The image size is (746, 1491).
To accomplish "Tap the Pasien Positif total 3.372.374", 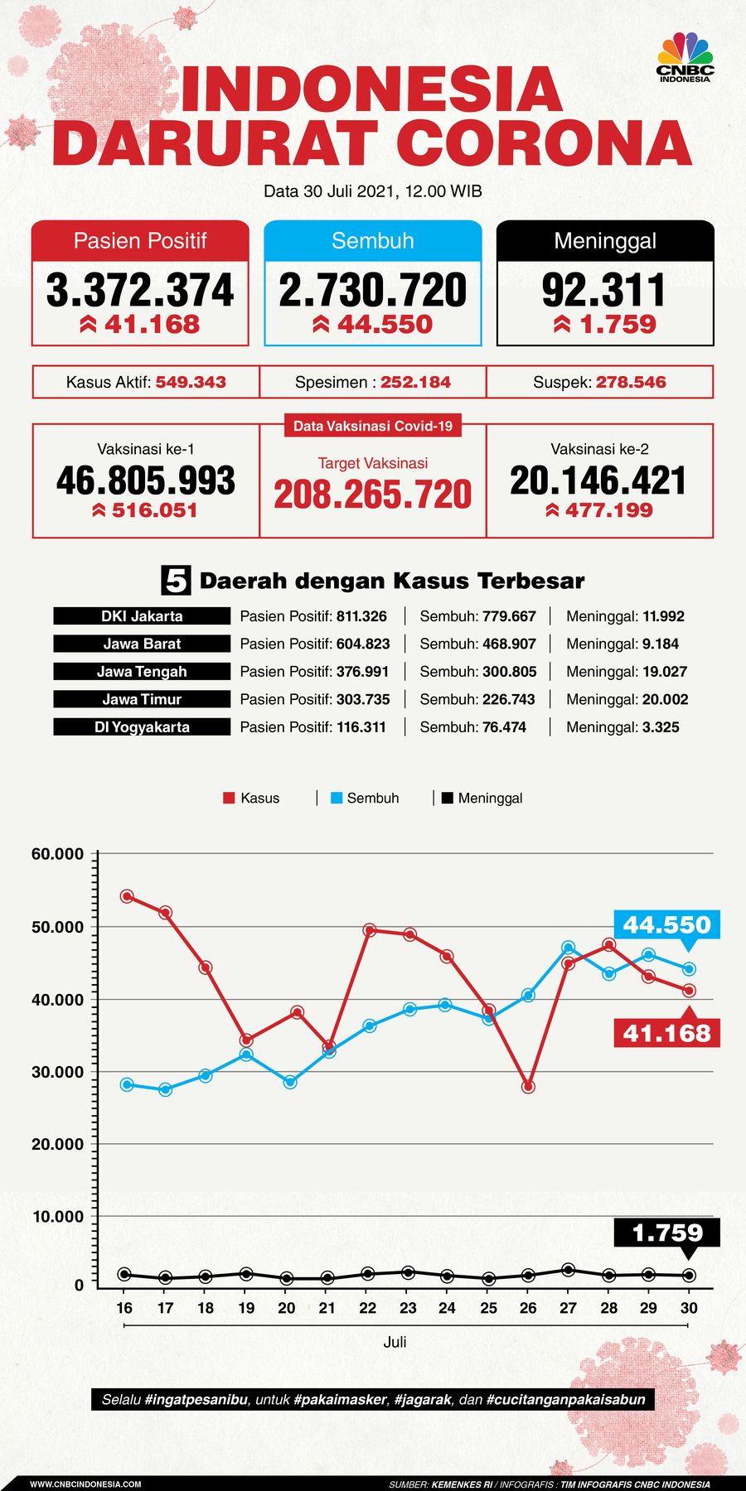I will click(x=140, y=290).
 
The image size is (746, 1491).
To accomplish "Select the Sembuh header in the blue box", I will click(x=372, y=241).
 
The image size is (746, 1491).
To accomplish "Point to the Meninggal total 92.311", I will click(x=604, y=290).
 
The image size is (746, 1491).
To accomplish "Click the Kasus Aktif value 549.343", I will click(x=191, y=383).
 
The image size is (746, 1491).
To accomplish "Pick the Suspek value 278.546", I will click(x=631, y=383).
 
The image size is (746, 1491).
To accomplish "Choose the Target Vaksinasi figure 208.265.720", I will click(x=373, y=495).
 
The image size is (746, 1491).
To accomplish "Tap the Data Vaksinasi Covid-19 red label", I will click(x=373, y=426).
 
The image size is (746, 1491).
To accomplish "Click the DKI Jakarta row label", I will click(x=142, y=616).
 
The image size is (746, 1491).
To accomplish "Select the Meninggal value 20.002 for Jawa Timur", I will click(x=665, y=699).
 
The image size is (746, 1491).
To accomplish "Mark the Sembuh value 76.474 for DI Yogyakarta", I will click(x=504, y=727).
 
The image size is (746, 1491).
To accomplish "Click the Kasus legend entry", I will click(x=252, y=799).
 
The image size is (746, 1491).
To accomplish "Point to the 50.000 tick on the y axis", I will click(x=58, y=927).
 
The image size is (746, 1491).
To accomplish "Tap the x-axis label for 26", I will click(x=528, y=1308).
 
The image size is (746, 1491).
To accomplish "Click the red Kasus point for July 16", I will click(x=127, y=896).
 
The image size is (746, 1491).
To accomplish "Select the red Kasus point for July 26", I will click(x=528, y=1087).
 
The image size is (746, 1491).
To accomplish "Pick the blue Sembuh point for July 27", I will click(x=568, y=948).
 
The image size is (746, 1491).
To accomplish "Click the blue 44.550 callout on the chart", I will click(x=666, y=924).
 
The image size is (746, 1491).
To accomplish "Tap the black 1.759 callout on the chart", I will click(x=666, y=1233).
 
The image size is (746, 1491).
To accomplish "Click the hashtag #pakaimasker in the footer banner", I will click(x=340, y=1399).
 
